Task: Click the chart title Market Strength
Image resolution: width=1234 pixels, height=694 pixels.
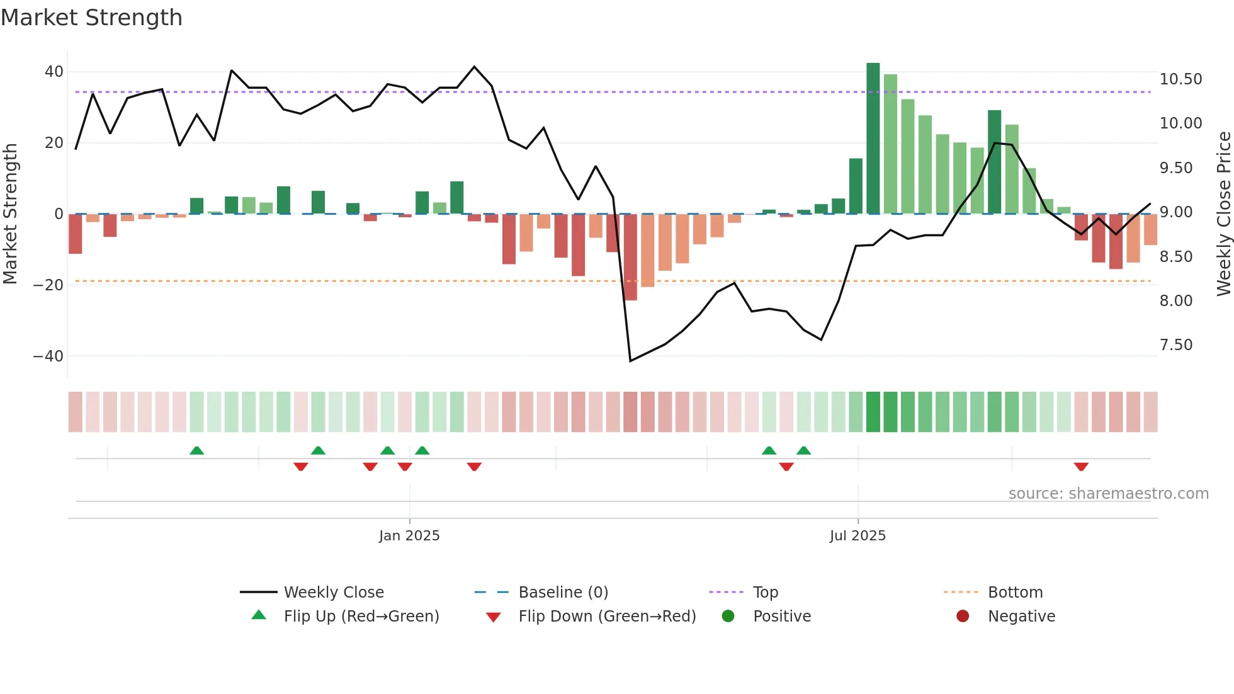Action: tap(91, 18)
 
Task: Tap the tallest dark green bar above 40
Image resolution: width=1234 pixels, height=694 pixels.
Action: tap(873, 139)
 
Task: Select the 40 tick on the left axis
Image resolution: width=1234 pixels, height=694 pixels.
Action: tap(54, 72)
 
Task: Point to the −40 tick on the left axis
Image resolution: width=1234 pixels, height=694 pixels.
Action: tap(48, 356)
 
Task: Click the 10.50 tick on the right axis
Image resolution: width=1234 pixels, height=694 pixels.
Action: tap(1180, 79)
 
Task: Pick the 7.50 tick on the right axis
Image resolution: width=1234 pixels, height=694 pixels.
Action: tap(1175, 345)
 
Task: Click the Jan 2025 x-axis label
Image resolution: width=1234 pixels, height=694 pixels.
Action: tap(409, 536)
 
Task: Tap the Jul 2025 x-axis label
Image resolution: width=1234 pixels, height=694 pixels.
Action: tap(858, 536)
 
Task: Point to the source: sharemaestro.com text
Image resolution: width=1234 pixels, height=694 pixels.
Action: tap(1108, 494)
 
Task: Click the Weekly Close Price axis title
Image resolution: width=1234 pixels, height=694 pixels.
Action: tap(1223, 214)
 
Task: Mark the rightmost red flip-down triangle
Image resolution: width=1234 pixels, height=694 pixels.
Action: tap(1081, 467)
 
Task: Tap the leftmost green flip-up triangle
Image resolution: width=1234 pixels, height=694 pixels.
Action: tap(196, 450)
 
